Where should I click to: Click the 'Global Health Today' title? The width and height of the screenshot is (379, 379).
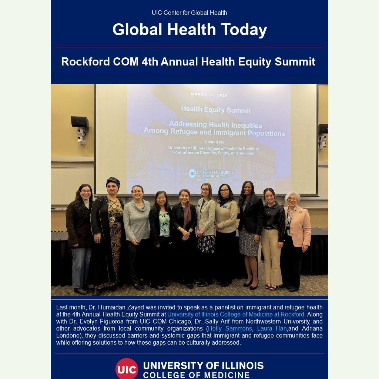[x=189, y=30]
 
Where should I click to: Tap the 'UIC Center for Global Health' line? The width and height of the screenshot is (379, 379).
[x=189, y=13]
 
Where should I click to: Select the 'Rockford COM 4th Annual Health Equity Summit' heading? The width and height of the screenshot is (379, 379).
[x=188, y=62]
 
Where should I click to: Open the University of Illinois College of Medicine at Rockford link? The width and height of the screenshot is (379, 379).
[x=236, y=314]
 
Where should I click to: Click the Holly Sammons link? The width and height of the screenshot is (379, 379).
[x=230, y=329]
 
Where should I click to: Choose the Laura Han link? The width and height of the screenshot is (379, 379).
[x=272, y=329]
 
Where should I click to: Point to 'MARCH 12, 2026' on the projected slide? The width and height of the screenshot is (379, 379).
[x=209, y=95]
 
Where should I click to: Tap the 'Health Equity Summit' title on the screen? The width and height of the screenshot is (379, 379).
[x=216, y=110]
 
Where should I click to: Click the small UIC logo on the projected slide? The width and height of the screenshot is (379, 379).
[x=192, y=173]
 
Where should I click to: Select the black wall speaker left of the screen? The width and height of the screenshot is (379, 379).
[x=80, y=121]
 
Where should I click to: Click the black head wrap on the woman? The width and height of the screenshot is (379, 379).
[x=113, y=181]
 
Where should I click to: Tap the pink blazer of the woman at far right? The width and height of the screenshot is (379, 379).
[x=299, y=226]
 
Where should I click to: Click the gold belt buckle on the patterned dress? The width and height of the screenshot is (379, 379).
[x=112, y=219]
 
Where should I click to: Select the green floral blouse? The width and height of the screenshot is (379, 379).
[x=164, y=224]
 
